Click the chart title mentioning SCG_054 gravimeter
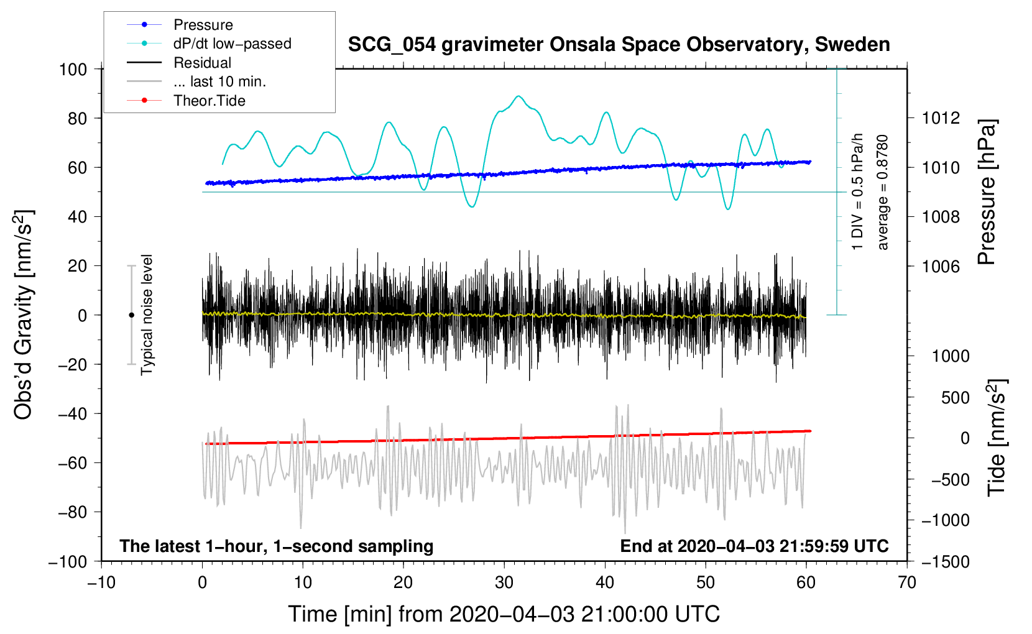click(619, 45)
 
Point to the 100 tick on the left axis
click(73, 70)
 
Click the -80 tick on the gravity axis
click(72, 512)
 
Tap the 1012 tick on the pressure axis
click(941, 119)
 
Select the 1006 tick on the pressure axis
click(941, 266)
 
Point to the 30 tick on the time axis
click(504, 583)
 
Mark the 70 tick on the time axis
click(906, 583)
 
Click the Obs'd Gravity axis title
click(24, 315)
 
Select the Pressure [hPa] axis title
click(987, 192)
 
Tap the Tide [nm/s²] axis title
click(997, 438)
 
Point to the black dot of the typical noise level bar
click(131, 315)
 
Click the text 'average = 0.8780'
click(882, 193)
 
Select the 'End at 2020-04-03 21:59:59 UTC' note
click(754, 546)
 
